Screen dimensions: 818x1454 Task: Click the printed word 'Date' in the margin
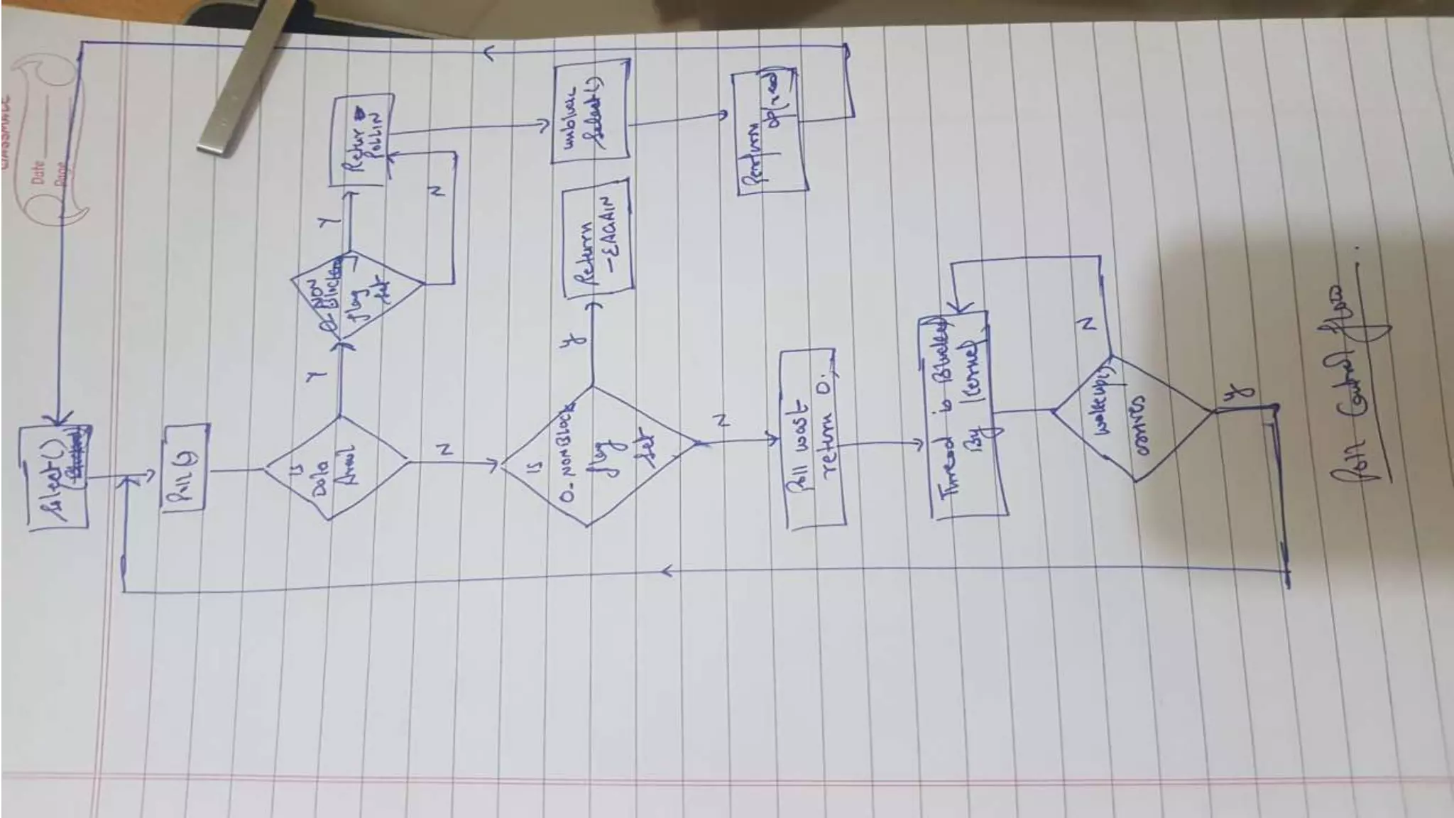38,171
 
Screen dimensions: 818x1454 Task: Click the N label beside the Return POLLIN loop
437,192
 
